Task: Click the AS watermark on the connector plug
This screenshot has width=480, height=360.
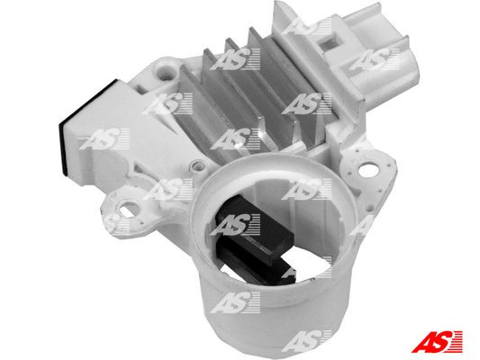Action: click(x=371, y=61)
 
